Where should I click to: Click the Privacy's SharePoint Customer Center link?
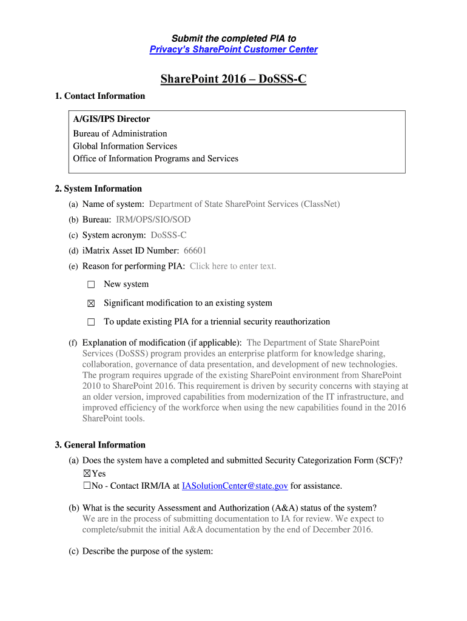pyautogui.click(x=233, y=50)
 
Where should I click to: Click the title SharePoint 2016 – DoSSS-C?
pyautogui.click(x=233, y=79)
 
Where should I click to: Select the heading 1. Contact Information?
pyautogui.click(x=100, y=96)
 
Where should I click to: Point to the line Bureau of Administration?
pyautogui.click(x=120, y=133)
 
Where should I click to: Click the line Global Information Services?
pyautogui.click(x=125, y=146)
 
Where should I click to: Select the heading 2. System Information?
pyautogui.click(x=98, y=189)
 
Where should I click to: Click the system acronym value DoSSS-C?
pyautogui.click(x=169, y=235)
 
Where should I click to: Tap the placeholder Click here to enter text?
pyautogui.click(x=233, y=266)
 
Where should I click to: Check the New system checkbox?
pyautogui.click(x=91, y=284)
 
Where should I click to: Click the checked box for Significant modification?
pyautogui.click(x=91, y=303)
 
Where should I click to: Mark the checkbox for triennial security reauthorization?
pyautogui.click(x=91, y=322)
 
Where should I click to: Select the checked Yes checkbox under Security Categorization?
pyautogui.click(x=86, y=474)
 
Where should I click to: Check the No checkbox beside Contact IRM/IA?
pyautogui.click(x=86, y=486)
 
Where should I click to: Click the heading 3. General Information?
pyautogui.click(x=100, y=445)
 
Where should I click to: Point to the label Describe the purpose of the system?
pyautogui.click(x=147, y=551)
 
